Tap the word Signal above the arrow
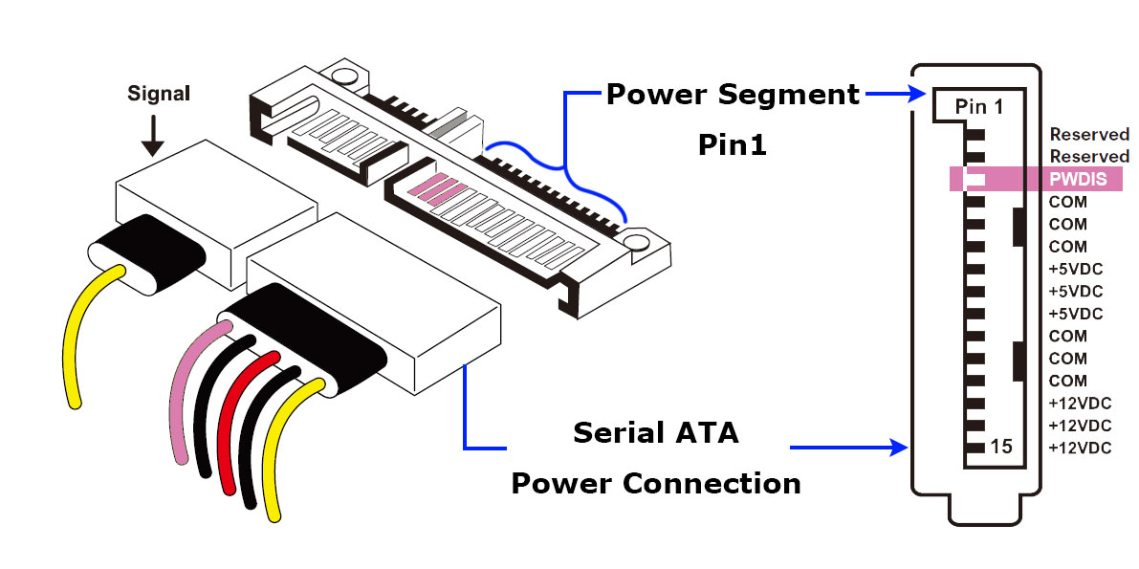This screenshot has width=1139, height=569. [160, 94]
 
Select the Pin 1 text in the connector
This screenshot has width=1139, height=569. [980, 107]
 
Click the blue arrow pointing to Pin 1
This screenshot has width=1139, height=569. [894, 94]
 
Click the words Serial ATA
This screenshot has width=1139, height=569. [656, 433]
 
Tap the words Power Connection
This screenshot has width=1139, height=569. [656, 483]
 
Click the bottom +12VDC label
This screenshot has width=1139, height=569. [1081, 449]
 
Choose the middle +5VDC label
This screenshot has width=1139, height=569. [1076, 291]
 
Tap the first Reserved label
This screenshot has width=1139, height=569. [1089, 135]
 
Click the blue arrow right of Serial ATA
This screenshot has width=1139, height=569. [851, 447]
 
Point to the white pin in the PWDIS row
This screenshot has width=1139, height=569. [976, 178]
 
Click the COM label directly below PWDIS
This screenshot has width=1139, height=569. [1068, 202]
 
